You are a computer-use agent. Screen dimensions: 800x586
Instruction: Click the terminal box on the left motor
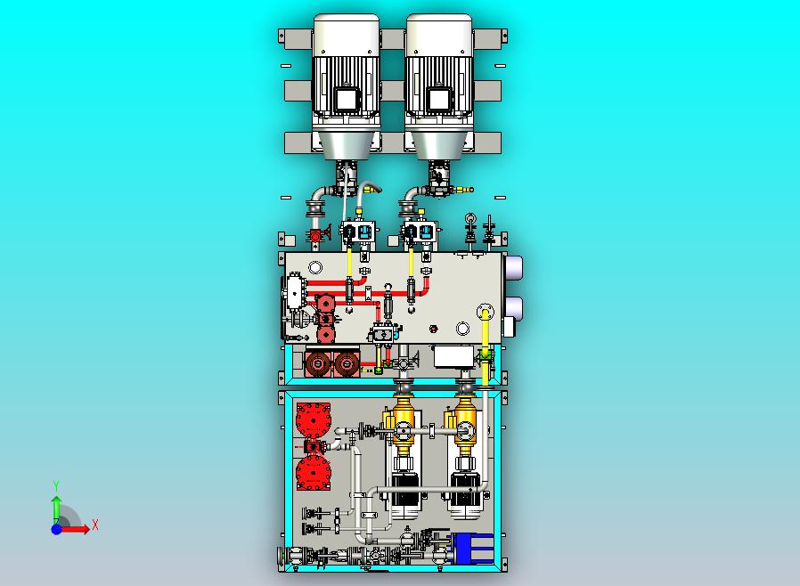point(347,99)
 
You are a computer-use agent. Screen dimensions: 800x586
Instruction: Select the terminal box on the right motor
point(439,99)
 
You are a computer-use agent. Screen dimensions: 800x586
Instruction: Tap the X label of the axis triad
point(95,525)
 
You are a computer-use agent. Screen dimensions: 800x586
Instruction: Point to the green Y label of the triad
point(56,485)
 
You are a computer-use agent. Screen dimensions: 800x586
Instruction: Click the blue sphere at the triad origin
point(56,529)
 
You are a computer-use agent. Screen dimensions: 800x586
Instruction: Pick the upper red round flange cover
point(314,420)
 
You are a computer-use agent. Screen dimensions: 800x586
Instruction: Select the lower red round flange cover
point(314,473)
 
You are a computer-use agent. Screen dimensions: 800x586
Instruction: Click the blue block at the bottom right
point(471,549)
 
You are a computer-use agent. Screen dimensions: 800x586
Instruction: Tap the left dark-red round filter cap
point(318,363)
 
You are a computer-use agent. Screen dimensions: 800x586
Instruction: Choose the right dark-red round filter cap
point(347,363)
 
